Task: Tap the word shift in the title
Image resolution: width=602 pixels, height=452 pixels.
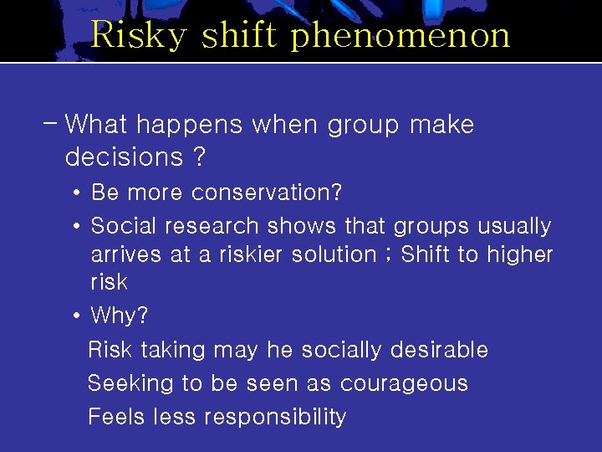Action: click(242, 35)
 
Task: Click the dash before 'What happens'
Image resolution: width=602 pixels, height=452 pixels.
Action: click(49, 124)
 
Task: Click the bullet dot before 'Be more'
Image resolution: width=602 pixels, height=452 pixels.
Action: click(76, 193)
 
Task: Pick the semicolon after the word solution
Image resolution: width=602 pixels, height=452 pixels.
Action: click(387, 255)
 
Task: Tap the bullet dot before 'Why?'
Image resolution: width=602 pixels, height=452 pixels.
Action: click(76, 316)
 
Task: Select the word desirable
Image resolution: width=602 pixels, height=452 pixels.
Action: click(439, 349)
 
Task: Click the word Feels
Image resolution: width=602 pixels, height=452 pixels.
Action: click(116, 416)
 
